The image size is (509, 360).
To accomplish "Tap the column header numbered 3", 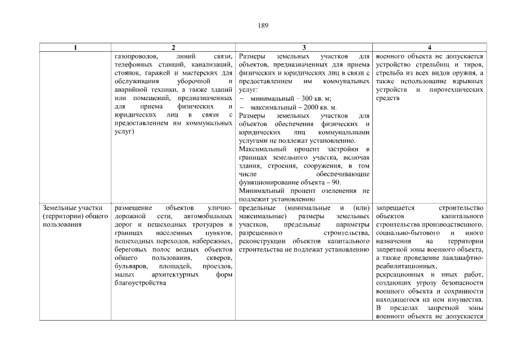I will point(304,48).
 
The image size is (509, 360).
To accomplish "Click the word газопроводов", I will point(134,57).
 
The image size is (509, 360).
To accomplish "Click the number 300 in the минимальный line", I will point(293,98).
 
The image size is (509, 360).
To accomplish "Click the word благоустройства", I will point(139,282).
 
